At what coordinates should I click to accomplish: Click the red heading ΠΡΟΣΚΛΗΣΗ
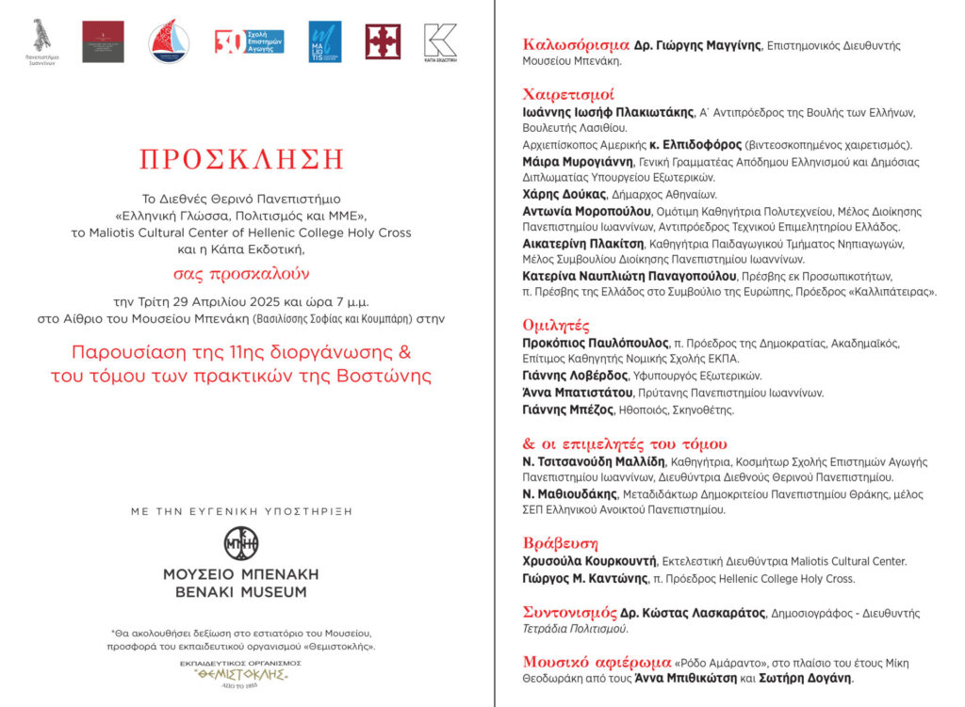click(x=241, y=159)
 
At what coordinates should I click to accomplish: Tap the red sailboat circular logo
click(x=169, y=41)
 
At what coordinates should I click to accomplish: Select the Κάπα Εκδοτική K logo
click(x=439, y=42)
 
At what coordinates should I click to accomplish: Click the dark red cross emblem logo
click(x=383, y=41)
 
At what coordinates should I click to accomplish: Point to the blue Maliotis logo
click(x=325, y=41)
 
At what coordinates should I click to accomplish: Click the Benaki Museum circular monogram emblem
click(x=241, y=543)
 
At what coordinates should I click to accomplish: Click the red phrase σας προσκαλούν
click(x=240, y=275)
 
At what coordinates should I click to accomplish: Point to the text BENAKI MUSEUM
click(x=241, y=592)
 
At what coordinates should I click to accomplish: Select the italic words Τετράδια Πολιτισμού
click(x=575, y=629)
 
